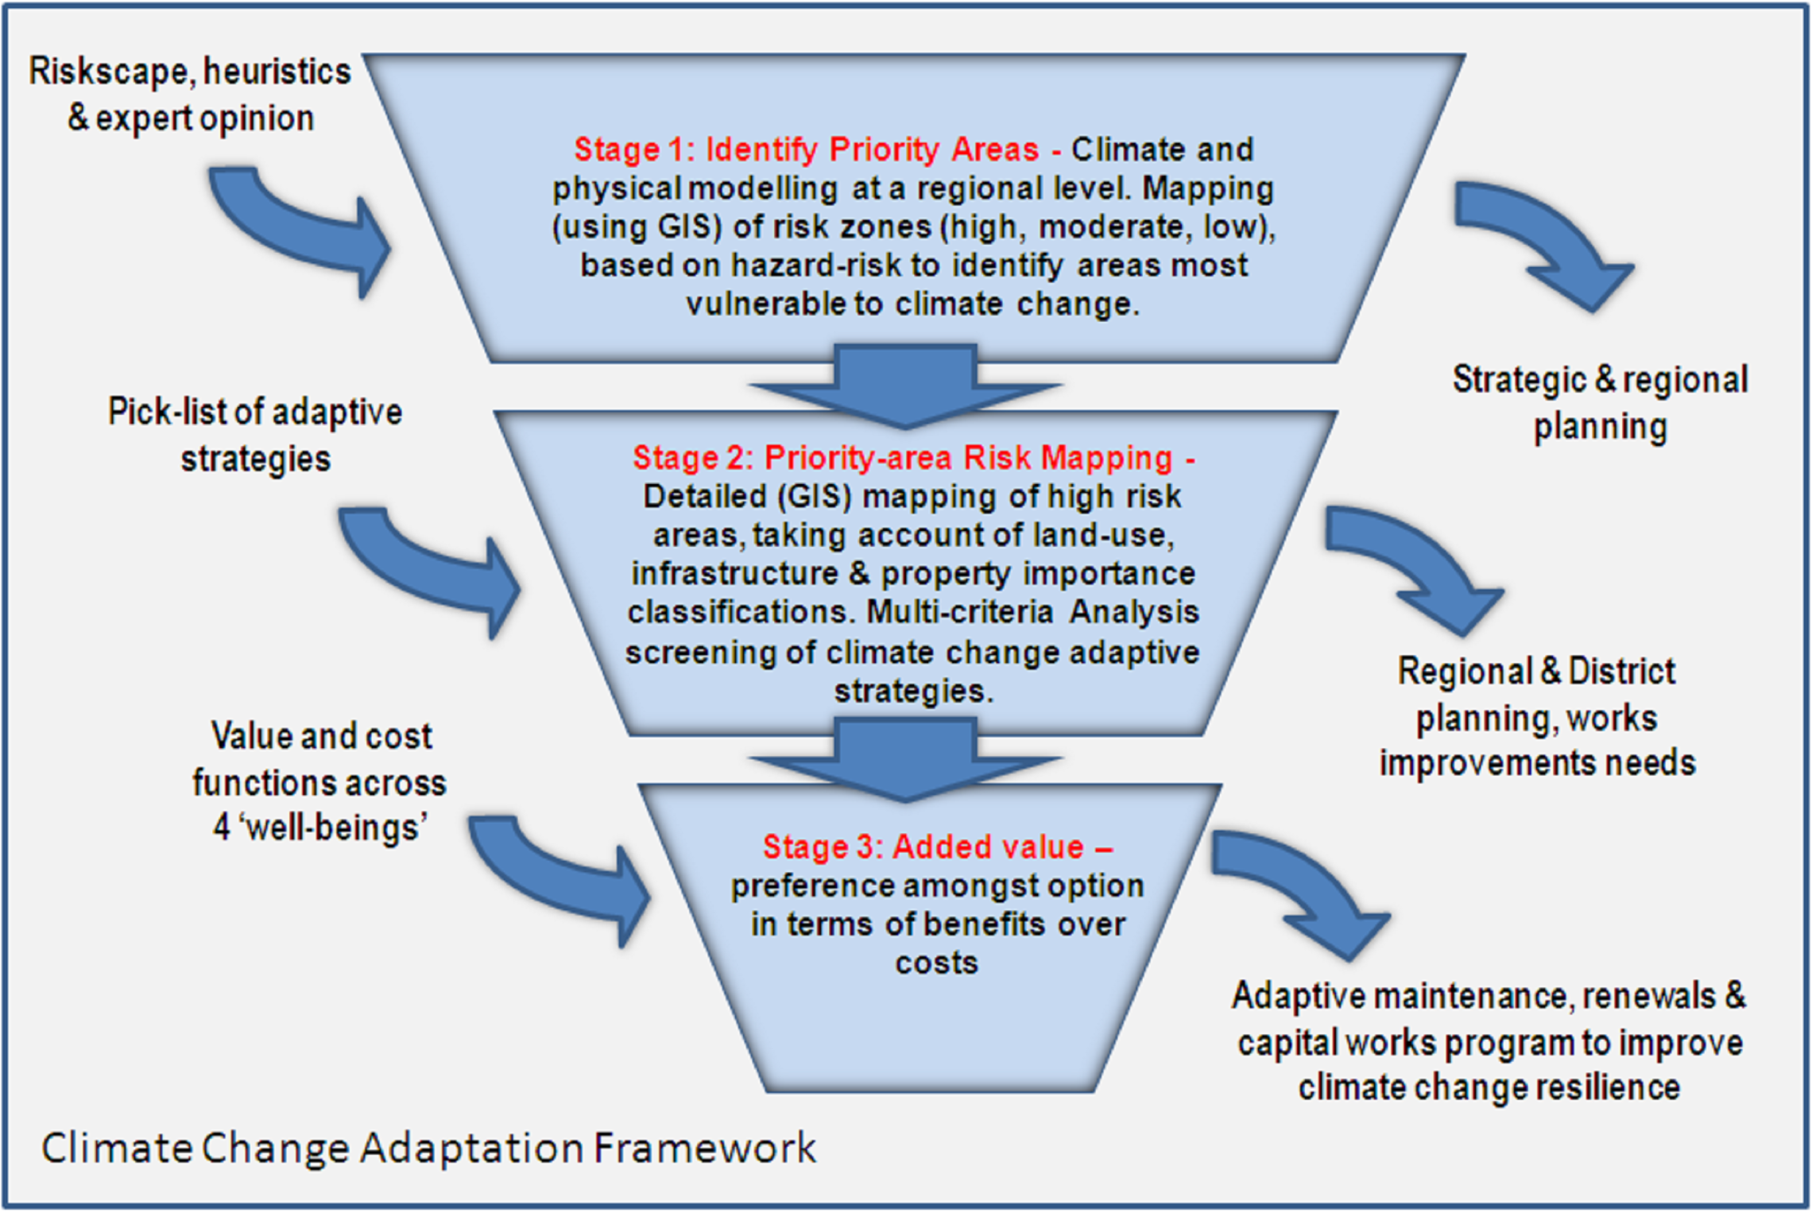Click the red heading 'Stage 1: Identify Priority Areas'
click(806, 149)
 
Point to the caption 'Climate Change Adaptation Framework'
click(429, 1148)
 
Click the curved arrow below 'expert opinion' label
click(302, 231)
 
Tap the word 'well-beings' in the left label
click(334, 828)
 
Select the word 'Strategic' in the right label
click(1518, 380)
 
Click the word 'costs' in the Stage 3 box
click(936, 963)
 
